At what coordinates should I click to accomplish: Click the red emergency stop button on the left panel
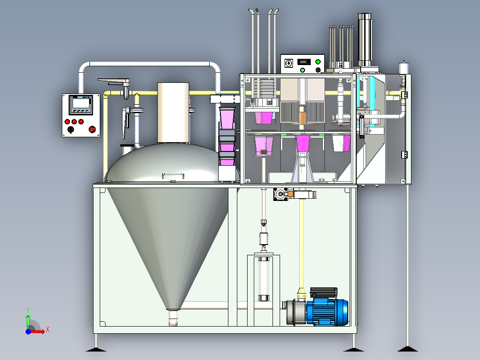(92, 129)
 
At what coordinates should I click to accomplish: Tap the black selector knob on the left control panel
(71, 130)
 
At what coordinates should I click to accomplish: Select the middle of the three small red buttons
(74, 122)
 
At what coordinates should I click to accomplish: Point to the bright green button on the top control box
(318, 62)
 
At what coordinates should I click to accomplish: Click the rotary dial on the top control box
(289, 63)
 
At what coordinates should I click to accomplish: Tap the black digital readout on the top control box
(304, 62)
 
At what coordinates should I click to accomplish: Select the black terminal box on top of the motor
(324, 292)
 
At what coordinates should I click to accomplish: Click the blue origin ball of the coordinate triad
(28, 331)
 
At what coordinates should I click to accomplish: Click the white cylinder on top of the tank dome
(173, 113)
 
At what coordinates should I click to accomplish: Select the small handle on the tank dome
(173, 176)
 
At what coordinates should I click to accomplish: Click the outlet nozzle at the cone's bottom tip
(173, 318)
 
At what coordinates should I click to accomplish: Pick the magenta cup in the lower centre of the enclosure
(303, 143)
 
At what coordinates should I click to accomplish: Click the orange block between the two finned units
(303, 118)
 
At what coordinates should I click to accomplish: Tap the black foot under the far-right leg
(407, 349)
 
